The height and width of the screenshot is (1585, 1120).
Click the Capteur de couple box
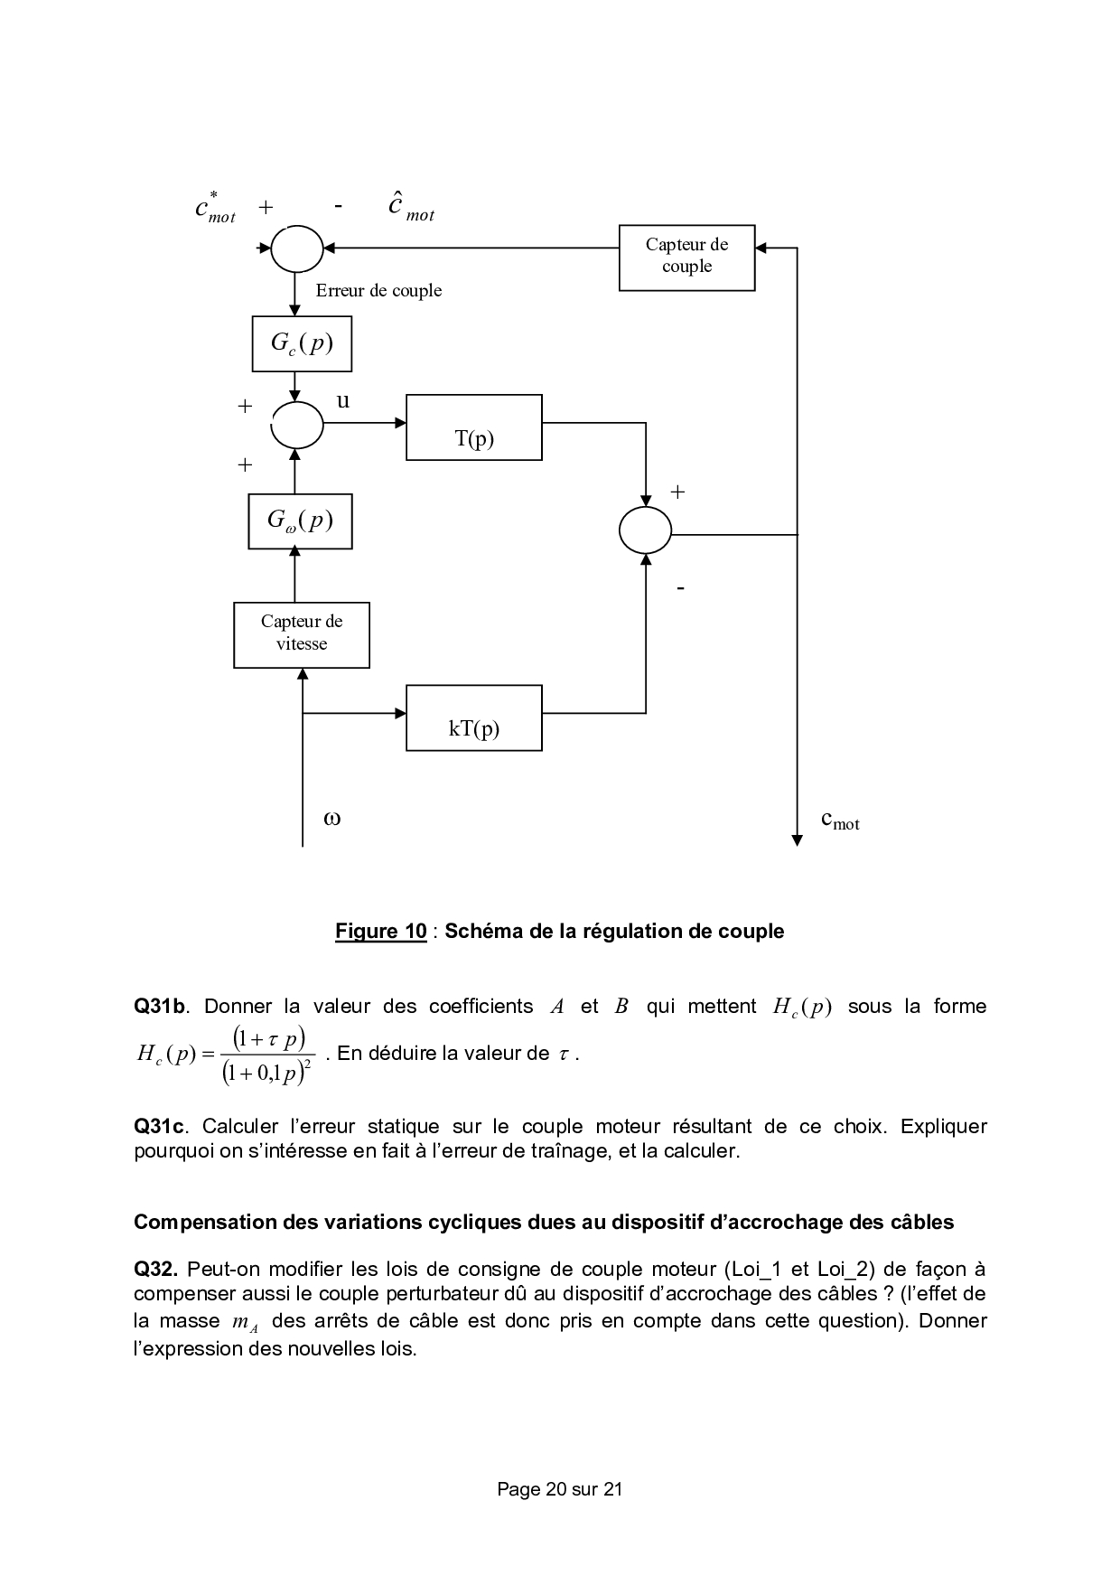click(686, 257)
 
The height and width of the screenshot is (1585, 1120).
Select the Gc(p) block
click(301, 343)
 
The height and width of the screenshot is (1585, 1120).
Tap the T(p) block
click(474, 427)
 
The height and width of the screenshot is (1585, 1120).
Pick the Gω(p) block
click(300, 521)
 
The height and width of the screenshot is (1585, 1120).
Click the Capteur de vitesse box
click(302, 634)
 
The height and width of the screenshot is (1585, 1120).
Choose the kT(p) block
click(474, 717)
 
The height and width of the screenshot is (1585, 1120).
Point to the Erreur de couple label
click(378, 290)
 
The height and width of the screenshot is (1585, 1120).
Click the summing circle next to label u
click(297, 424)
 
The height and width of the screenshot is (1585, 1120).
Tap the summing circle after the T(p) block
click(645, 530)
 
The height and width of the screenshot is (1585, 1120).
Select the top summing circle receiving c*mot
click(297, 247)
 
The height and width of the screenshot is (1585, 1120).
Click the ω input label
click(331, 819)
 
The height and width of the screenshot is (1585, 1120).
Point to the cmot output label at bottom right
click(839, 821)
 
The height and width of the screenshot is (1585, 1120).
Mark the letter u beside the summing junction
click(343, 400)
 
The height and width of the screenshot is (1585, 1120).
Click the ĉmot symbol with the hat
click(410, 208)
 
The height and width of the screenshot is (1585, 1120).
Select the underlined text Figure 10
click(380, 931)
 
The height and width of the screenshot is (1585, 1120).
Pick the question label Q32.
click(155, 1269)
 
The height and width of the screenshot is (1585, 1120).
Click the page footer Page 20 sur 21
click(559, 1489)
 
